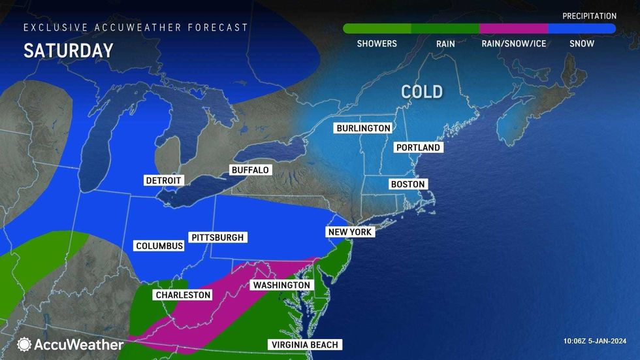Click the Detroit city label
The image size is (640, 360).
(164, 180)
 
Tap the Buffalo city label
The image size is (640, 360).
(250, 170)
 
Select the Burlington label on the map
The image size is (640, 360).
(363, 128)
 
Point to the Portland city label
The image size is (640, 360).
(419, 148)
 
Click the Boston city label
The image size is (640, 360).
(408, 184)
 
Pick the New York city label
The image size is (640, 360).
(349, 232)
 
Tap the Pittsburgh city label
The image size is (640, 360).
(217, 237)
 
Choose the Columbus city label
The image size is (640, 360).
(159, 246)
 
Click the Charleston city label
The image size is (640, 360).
(183, 295)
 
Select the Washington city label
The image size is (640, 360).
(280, 286)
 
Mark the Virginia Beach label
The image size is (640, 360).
(305, 345)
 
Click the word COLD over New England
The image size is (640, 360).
(422, 91)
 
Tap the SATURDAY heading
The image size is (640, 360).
(69, 51)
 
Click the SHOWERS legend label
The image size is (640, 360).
(377, 44)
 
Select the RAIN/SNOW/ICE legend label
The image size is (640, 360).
(513, 44)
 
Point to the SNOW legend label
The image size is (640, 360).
(581, 44)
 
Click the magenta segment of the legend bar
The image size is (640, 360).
(513, 29)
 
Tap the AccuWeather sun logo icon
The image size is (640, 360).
(25, 344)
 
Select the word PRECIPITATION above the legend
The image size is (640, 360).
(589, 16)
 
